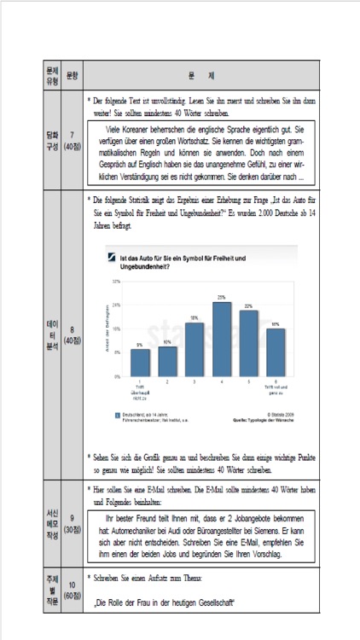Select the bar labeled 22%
(248, 343)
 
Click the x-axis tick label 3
(195, 382)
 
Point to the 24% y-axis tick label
(116, 305)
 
